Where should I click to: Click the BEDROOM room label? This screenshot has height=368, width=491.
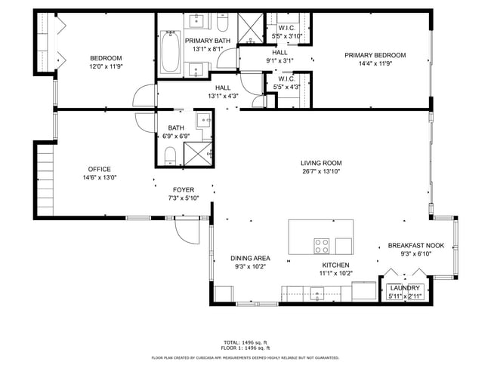pyautogui.click(x=106, y=58)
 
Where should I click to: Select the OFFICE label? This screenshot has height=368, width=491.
pyautogui.click(x=100, y=169)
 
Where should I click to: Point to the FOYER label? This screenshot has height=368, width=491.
pyautogui.click(x=184, y=190)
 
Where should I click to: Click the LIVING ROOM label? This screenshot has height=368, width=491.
pyautogui.click(x=321, y=163)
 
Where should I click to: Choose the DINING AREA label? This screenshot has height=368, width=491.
pyautogui.click(x=250, y=258)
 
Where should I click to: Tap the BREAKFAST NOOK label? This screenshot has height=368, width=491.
pyautogui.click(x=415, y=246)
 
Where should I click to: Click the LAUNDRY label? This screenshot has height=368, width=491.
pyautogui.click(x=405, y=288)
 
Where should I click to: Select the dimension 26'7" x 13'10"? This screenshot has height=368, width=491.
pyautogui.click(x=321, y=171)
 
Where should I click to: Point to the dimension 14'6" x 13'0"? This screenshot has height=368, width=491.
pyautogui.click(x=100, y=177)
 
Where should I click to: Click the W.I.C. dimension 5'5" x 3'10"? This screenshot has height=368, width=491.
pyautogui.click(x=286, y=35)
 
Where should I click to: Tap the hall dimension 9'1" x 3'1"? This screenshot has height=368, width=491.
pyautogui.click(x=279, y=60)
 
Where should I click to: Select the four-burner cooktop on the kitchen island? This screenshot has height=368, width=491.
pyautogui.click(x=322, y=245)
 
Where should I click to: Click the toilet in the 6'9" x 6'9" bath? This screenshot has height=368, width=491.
pyautogui.click(x=170, y=155)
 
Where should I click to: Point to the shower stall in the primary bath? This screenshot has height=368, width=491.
pyautogui.click(x=249, y=29)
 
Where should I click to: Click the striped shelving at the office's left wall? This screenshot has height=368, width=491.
pyautogui.click(x=43, y=181)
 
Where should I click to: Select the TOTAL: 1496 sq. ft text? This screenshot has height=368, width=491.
pyautogui.click(x=246, y=342)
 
